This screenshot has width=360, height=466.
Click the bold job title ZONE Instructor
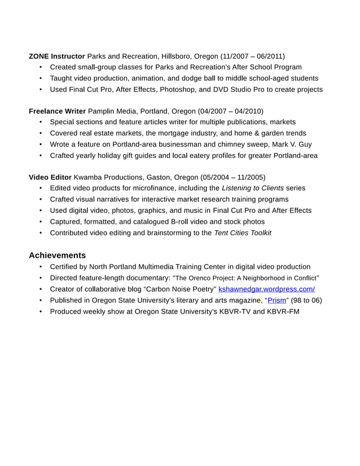[56, 56]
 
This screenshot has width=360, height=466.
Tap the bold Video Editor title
[50, 177]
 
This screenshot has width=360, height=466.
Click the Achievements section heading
[57, 255]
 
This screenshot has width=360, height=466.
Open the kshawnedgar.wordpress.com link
[266, 289]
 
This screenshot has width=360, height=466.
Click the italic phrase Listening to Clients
[253, 188]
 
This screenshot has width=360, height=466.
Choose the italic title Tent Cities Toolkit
[243, 232]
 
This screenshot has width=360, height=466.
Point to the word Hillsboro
[176, 56]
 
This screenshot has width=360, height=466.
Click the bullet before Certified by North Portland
[41, 267]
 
